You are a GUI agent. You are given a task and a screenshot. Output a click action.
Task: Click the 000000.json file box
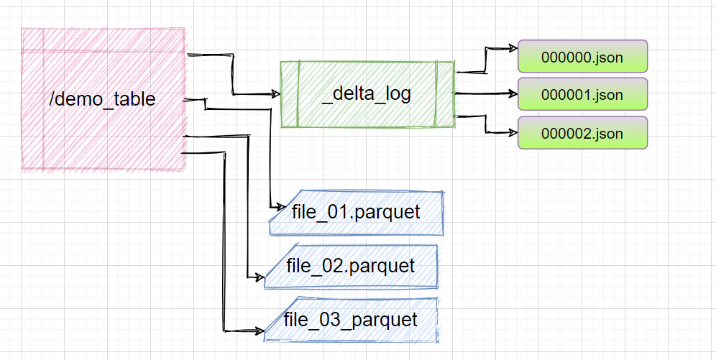pos(582,56)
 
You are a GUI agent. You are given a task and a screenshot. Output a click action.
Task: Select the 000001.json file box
pos(582,94)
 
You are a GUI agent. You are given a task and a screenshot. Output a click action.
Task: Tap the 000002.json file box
pos(582,133)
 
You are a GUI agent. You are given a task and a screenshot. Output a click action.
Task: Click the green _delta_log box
pos(367,94)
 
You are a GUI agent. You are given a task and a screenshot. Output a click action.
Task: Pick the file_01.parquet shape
pos(356,213)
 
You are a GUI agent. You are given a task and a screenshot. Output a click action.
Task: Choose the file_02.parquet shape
pos(351,267)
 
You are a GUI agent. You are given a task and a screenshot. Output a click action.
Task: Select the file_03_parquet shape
pos(351,319)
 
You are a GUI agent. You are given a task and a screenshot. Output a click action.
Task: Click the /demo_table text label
pos(102,99)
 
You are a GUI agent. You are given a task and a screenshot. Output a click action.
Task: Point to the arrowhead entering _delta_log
pos(275,94)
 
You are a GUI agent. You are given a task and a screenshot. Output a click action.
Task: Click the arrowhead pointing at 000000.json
pos(513,48)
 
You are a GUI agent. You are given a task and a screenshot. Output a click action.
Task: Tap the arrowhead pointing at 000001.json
pos(513,93)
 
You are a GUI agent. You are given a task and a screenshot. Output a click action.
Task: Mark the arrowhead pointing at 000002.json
pos(513,133)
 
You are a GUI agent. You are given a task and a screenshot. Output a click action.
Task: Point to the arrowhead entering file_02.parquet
pos(260,277)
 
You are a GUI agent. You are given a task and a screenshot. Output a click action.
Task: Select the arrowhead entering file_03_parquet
pos(260,331)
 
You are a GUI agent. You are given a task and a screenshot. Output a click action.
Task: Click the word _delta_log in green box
pos(367,94)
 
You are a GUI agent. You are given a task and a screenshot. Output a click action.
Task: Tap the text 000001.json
pos(582,95)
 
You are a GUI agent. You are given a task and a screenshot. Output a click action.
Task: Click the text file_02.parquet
pos(351,266)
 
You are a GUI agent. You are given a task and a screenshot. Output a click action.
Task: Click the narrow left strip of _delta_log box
pos(290,94)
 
